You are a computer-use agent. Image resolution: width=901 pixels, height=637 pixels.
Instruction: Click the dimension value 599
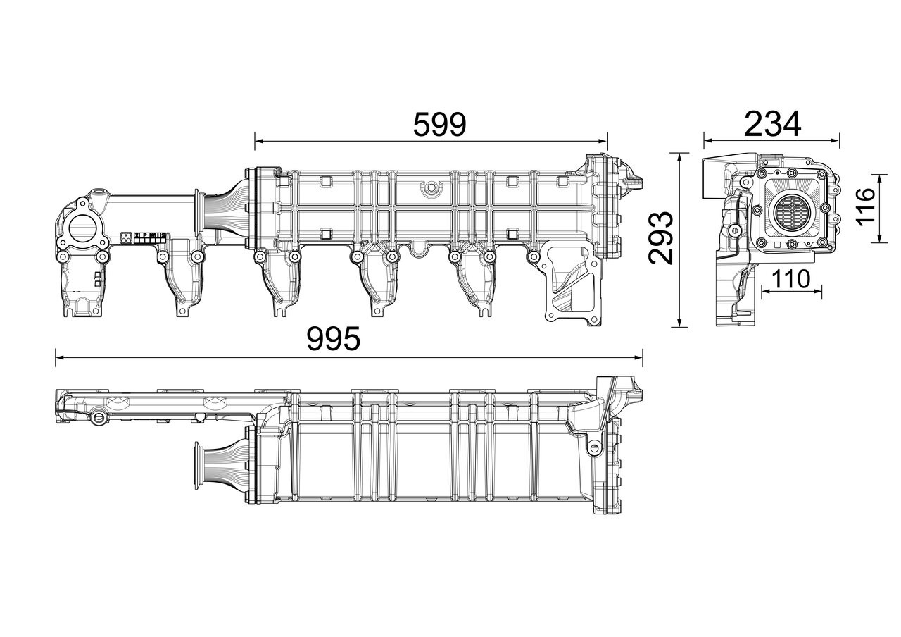[x=439, y=124]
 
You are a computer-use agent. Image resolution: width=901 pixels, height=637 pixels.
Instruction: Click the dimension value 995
[x=334, y=339]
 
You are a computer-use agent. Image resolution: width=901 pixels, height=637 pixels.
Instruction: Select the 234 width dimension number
[x=773, y=124]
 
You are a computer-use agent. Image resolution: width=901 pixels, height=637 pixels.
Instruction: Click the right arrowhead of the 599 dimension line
[x=603, y=141]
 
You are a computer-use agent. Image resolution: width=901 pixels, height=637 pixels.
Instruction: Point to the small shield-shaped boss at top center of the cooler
[x=429, y=188]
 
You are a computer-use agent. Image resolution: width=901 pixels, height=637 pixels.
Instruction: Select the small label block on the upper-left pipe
[x=144, y=237]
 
